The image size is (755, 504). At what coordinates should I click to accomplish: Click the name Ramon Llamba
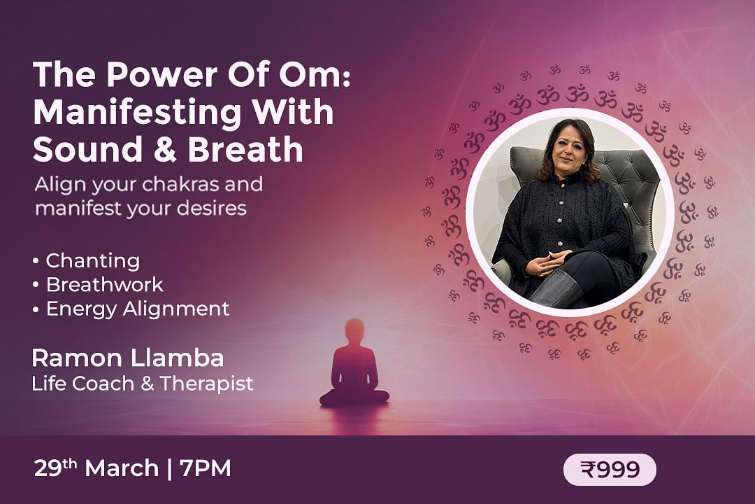pos(128,358)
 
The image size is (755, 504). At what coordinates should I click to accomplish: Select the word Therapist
pos(206,384)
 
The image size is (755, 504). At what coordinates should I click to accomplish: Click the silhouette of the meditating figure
pos(354,363)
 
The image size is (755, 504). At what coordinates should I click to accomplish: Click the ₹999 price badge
pos(610,469)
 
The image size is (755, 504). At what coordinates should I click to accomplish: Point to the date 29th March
pos(96,468)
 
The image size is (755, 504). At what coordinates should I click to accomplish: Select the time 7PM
pos(205,468)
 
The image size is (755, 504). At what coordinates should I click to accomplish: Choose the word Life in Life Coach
pos(45,384)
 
